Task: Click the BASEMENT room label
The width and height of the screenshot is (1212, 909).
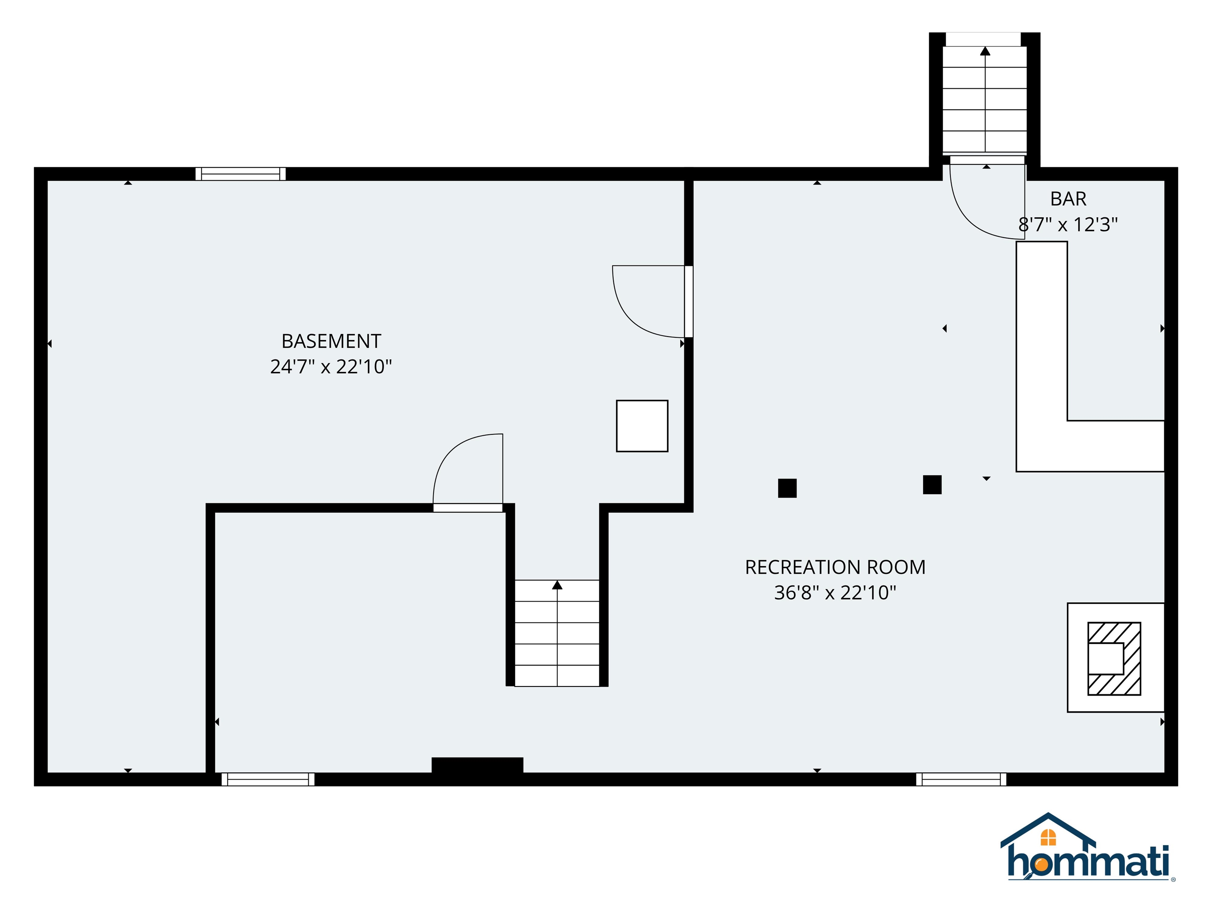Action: pos(331,341)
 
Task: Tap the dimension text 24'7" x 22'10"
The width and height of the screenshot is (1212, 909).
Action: pos(331,367)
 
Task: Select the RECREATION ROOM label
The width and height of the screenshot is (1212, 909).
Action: pos(835,567)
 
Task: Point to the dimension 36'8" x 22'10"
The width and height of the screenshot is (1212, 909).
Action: pos(835,592)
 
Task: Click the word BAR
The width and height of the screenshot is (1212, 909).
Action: pos(1068,199)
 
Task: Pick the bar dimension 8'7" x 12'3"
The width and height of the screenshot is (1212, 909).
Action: pos(1068,224)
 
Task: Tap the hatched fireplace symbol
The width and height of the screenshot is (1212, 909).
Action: pos(1114,658)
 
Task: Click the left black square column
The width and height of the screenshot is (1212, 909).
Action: pos(787,488)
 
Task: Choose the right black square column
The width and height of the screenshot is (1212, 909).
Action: pos(932,485)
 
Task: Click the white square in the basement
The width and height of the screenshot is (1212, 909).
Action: pos(642,426)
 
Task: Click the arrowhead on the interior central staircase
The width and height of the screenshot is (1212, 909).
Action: pos(557,585)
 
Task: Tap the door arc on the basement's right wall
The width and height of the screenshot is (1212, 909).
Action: pos(636,312)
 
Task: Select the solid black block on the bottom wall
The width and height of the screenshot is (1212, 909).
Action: pos(477,765)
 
